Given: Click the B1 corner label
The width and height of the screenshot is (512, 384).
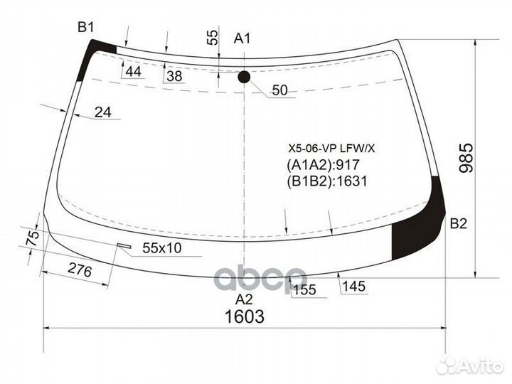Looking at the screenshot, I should click(x=86, y=27).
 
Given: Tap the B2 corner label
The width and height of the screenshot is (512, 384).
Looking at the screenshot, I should click(x=459, y=225).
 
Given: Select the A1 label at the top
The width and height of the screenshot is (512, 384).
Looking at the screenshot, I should click(x=243, y=38).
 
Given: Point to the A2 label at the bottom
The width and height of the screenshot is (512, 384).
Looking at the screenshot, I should click(x=244, y=298).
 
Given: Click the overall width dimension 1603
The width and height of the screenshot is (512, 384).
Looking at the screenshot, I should click(x=244, y=316).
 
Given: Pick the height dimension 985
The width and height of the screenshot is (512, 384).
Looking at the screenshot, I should click(x=465, y=159).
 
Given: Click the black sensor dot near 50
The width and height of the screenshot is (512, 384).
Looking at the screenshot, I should click(x=244, y=77).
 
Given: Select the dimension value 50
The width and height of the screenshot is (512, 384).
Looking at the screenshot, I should click(x=280, y=90).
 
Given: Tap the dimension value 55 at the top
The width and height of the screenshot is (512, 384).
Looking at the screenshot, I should click(x=213, y=38).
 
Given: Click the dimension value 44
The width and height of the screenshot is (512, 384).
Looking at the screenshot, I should click(x=133, y=72).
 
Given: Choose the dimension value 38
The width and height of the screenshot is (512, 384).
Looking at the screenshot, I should click(x=174, y=75).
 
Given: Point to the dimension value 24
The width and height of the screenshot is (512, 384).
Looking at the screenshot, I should click(x=103, y=112).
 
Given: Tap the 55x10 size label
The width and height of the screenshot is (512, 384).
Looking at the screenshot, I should click(x=162, y=248).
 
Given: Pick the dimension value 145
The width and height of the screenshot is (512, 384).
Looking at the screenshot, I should click(x=353, y=286).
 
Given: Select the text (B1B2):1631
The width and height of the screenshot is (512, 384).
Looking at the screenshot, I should click(x=326, y=181).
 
